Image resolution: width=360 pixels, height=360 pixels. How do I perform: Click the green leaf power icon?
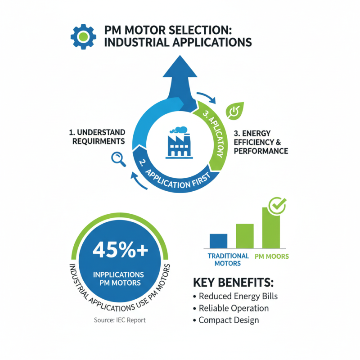coord(234,110)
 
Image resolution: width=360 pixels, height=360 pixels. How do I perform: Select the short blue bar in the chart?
coord(218,241)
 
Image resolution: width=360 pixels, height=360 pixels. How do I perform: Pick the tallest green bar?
coord(270,229)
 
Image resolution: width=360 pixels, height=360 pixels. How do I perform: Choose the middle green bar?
coord(244,236)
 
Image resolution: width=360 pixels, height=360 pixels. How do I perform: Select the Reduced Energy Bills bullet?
coord(235,296)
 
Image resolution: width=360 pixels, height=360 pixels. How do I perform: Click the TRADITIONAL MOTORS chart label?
coord(228,259)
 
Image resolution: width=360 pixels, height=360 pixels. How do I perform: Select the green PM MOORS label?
coord(272,256)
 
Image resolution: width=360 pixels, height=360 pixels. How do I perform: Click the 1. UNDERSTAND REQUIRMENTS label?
coord(97,137)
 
